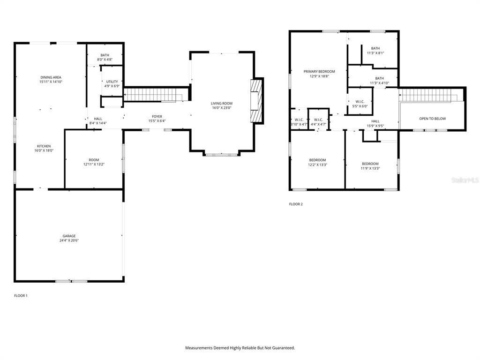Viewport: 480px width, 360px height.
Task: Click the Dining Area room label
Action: click(51, 77)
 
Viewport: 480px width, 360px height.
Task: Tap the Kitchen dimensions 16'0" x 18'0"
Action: click(44, 151)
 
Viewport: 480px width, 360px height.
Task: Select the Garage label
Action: click(69, 236)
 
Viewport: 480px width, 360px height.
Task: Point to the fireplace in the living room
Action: click(256, 101)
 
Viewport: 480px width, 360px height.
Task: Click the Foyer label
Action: click(157, 116)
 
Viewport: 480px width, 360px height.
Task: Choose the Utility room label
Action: click(112, 82)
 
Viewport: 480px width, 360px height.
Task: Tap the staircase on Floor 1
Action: click(153, 94)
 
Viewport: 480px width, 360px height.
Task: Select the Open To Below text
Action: click(432, 119)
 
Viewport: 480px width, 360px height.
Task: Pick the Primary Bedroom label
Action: click(319, 71)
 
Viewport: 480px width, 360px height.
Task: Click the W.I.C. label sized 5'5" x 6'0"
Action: click(360, 101)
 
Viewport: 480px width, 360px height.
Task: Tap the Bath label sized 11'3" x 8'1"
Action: click(375, 48)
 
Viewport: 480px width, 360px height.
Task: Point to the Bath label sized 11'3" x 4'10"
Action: click(379, 78)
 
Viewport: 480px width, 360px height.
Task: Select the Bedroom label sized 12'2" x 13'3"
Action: click(317, 160)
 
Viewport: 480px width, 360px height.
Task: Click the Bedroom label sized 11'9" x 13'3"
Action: click(370, 164)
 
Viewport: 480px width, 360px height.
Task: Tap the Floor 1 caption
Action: click(21, 296)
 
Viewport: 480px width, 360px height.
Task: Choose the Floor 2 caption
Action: click(296, 204)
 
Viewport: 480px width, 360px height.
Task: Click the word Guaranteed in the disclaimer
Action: click(281, 348)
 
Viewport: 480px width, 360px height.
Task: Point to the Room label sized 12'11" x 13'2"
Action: click(94, 160)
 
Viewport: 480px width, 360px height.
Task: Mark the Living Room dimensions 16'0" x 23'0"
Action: click(222, 108)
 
